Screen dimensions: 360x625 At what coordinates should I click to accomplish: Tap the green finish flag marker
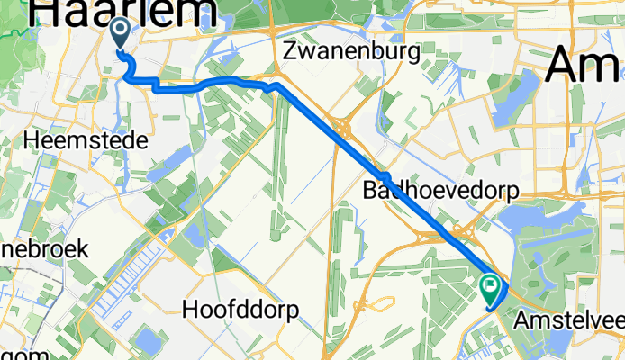click(492, 288)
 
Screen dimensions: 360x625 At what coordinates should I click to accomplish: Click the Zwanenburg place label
click(351, 52)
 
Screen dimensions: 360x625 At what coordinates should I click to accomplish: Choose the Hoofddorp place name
click(240, 309)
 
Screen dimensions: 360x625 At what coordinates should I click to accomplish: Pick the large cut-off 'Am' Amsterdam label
click(584, 65)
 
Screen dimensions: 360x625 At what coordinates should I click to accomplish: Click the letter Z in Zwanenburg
click(289, 52)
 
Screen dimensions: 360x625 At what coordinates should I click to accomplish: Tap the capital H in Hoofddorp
click(189, 309)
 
